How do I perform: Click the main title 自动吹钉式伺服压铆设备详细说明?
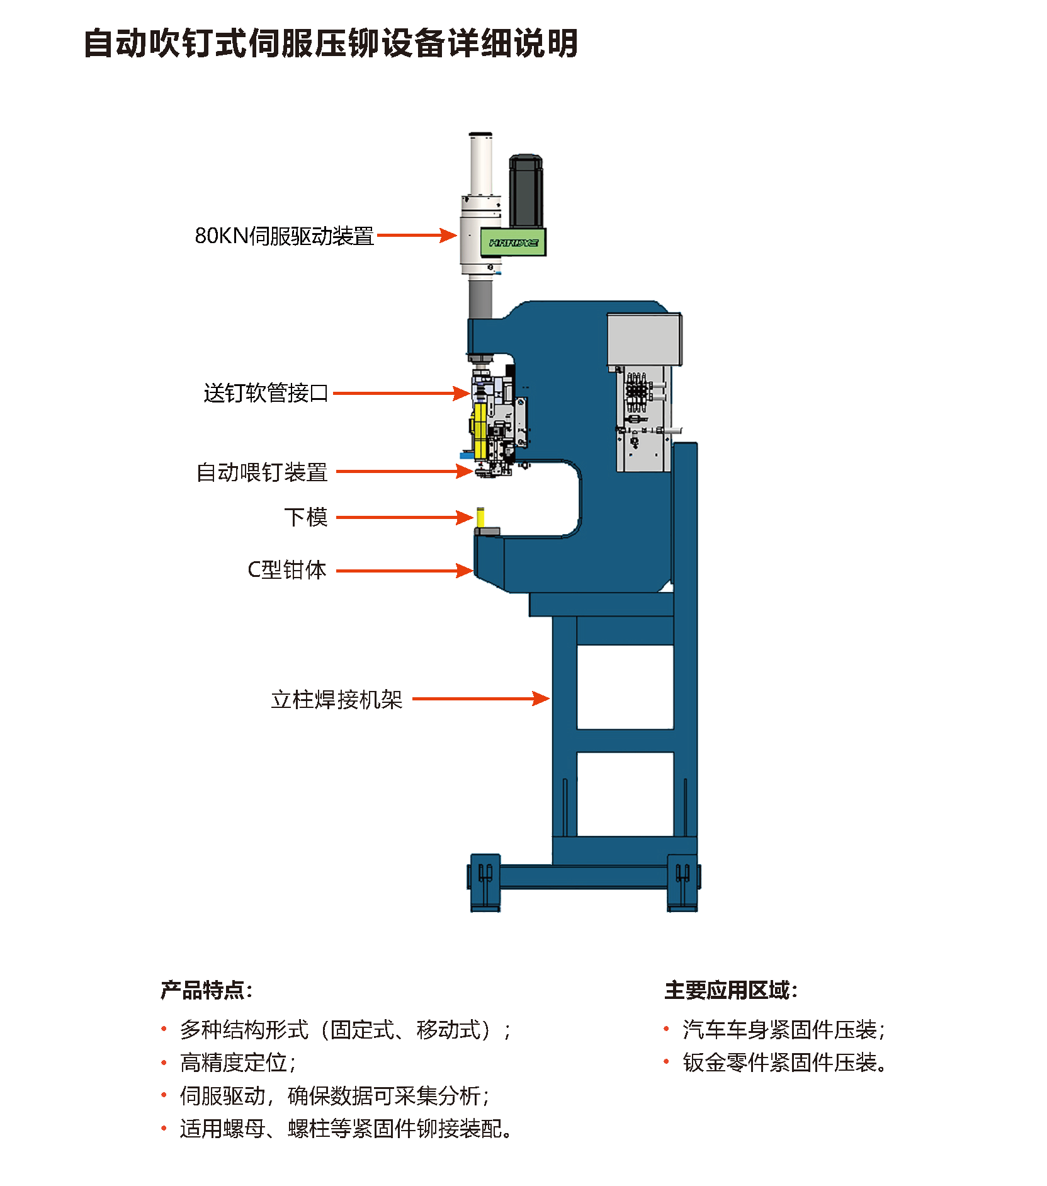331,43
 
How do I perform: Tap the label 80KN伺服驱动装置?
284,236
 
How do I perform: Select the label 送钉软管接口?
266,393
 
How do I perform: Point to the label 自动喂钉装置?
262,472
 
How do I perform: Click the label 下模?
306,517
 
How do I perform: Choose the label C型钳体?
287,570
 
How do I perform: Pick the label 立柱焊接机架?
337,699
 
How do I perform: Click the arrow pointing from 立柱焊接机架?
480,698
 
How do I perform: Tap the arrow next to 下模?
404,518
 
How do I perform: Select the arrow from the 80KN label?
417,236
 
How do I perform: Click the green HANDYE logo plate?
513,242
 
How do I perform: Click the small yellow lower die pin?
480,517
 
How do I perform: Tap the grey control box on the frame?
643,340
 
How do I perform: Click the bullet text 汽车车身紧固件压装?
784,1030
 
